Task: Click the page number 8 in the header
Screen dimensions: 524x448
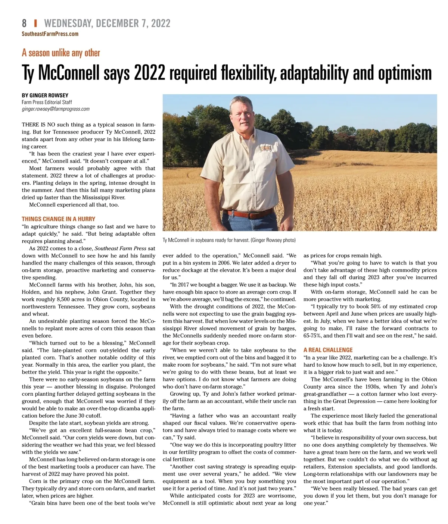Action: [24, 23]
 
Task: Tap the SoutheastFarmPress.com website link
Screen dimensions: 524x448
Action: [50, 34]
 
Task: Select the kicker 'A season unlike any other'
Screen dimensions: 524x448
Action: [61, 53]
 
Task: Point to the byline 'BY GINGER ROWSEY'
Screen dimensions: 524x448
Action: [45, 95]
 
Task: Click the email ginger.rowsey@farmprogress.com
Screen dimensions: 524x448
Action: [56, 109]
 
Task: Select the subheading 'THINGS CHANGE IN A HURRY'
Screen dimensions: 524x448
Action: [59, 219]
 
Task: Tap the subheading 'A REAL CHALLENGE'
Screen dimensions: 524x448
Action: [328, 350]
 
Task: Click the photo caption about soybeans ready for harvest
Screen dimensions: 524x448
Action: [229, 240]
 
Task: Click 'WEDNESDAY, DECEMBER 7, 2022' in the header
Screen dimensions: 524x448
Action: [107, 23]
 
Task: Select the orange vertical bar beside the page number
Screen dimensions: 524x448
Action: [35, 23]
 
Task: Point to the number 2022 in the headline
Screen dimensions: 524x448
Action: [149, 73]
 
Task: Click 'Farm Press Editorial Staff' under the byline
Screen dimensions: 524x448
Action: [47, 102]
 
